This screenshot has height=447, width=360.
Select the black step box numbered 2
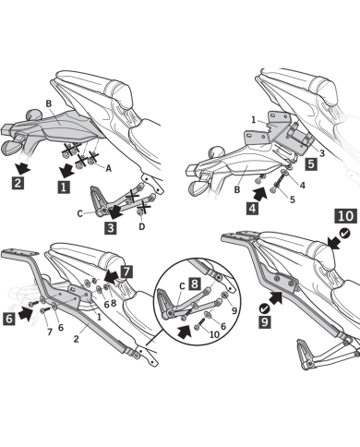(18, 183)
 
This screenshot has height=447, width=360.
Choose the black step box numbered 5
(312, 163)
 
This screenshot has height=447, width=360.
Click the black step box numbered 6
(12, 317)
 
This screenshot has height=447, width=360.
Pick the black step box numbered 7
(126, 272)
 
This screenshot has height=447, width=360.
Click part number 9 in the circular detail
(234, 311)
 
